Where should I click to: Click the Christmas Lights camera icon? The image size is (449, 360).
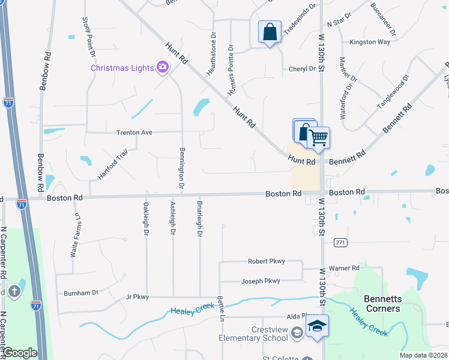(x=162, y=67)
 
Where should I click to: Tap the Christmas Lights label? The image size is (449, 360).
(x=122, y=67)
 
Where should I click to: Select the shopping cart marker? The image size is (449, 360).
(x=318, y=137)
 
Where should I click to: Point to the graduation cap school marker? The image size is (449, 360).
(x=316, y=328)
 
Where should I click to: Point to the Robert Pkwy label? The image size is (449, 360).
(x=267, y=262)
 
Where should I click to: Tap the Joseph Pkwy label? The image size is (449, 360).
(x=261, y=281)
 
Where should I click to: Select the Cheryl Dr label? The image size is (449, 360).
(x=301, y=69)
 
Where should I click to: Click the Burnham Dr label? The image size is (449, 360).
(x=81, y=293)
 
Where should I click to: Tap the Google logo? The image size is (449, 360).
(x=19, y=353)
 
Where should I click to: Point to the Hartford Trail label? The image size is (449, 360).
(x=113, y=165)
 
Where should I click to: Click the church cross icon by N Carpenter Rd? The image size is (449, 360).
(x=14, y=292)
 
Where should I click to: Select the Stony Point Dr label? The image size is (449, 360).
(x=88, y=37)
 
